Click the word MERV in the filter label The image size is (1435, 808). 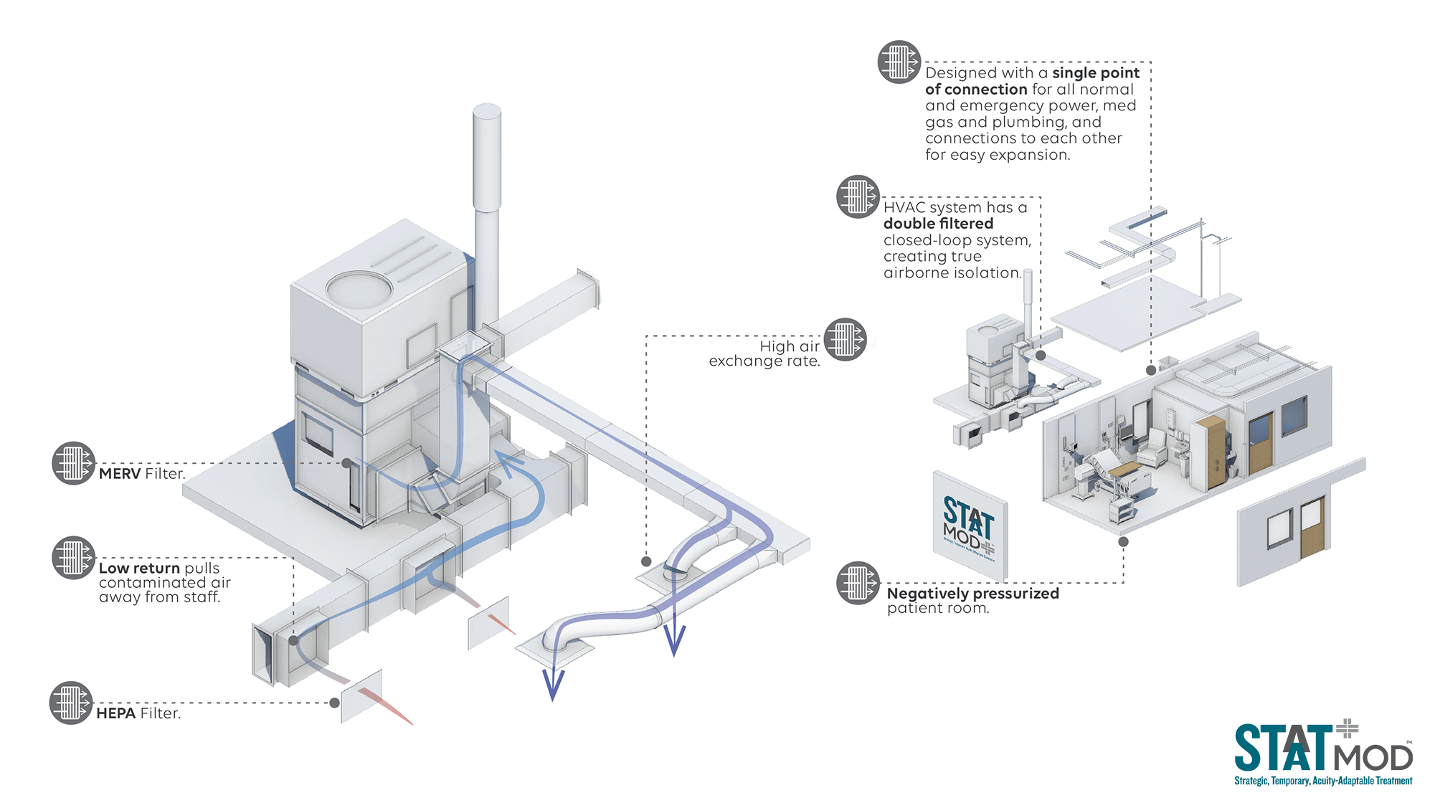pos(120,474)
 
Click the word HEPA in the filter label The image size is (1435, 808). pos(115,713)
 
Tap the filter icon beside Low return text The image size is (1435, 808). pos(73,558)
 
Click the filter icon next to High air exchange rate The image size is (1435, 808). pos(845,339)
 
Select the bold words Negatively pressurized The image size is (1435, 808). pos(972,594)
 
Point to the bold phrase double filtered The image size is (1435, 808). pos(938,224)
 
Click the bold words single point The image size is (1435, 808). pos(1095,73)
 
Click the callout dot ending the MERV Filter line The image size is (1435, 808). pos(346,463)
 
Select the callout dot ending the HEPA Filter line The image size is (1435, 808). pos(334,703)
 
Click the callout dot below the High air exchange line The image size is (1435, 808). pos(646,561)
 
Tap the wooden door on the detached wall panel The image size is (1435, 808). pos(1312,528)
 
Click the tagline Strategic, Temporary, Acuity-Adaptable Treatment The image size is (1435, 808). pos(1322,781)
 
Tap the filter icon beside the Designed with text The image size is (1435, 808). pos(899,62)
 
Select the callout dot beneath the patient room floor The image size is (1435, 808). pos(1123,542)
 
